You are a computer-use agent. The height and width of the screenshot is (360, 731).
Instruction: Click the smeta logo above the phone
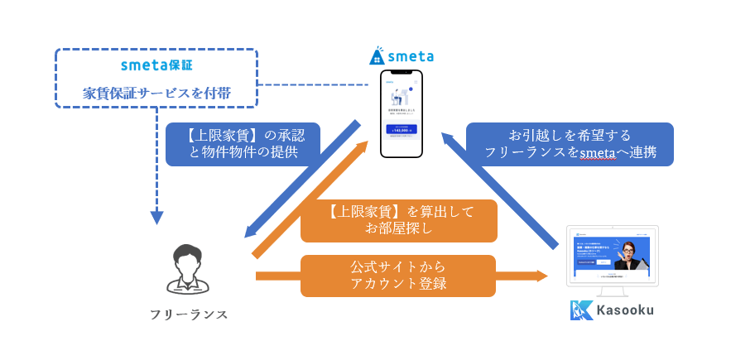pos(402,56)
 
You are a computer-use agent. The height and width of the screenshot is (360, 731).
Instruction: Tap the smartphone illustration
pos(402,113)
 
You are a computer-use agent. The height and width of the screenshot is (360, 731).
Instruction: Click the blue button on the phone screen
pos(402,129)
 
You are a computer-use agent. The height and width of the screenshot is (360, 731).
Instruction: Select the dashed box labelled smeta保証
pos(156,78)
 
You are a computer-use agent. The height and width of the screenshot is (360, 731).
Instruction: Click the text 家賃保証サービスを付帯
pos(156,94)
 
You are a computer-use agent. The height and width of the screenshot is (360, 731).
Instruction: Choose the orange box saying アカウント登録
pos(398,276)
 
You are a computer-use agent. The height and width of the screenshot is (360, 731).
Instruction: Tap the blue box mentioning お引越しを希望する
pos(569,143)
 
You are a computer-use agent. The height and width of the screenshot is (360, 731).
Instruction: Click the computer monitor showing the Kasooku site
pos(612,257)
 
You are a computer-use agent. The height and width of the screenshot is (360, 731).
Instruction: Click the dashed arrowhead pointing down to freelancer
pos(156,218)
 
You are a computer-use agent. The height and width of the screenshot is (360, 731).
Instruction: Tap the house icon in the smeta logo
pos(377,56)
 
